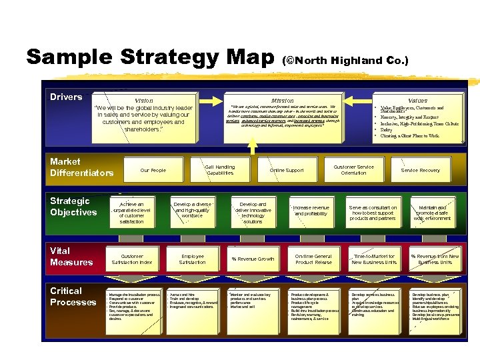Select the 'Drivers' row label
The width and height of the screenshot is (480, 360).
point(66,97)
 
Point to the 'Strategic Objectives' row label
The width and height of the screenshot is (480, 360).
point(73,207)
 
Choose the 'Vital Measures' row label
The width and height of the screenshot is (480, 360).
point(71,257)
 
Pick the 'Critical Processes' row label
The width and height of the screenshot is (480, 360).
point(73,297)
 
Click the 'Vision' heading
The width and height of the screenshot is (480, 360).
point(144,101)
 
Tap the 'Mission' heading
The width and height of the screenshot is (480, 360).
point(282,101)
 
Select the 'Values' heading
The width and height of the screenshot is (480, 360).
point(418,101)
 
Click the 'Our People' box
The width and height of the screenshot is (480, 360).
point(153,171)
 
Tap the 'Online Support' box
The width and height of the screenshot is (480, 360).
point(286,171)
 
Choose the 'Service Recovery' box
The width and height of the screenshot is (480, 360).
point(420,171)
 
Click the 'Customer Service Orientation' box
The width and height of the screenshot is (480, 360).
point(353,170)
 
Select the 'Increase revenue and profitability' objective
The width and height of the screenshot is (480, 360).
point(311,211)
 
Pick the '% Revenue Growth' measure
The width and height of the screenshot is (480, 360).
point(253,259)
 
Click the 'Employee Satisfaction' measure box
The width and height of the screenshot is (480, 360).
point(192,259)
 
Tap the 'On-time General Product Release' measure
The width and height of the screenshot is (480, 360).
point(313,259)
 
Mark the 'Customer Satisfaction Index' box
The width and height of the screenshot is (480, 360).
point(132,259)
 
